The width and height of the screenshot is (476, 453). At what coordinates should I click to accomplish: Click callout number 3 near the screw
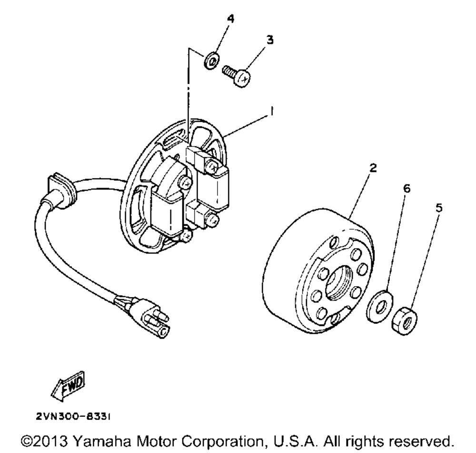click(269, 41)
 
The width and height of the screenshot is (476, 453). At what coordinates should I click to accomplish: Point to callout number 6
click(406, 189)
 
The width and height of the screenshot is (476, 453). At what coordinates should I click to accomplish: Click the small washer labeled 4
click(212, 61)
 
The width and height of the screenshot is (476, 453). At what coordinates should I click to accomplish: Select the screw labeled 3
click(237, 76)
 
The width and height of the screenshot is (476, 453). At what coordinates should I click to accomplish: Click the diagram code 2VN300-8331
click(74, 416)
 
